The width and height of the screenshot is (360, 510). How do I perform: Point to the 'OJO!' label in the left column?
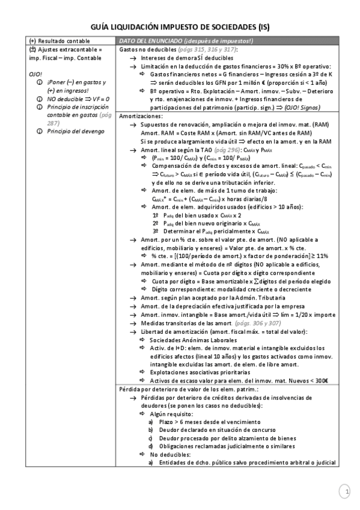point(34,73)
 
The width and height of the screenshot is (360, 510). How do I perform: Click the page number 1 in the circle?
point(346,491)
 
